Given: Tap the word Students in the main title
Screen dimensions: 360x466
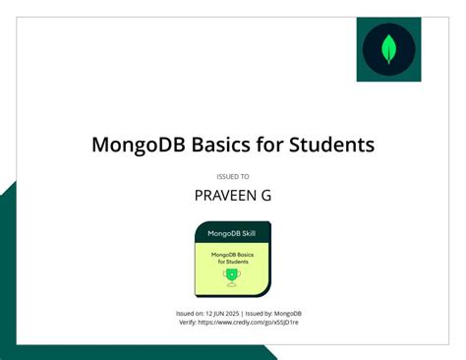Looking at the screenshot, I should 331,146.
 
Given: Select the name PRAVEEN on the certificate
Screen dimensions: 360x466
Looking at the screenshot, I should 225,196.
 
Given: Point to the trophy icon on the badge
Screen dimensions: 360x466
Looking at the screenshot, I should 232,277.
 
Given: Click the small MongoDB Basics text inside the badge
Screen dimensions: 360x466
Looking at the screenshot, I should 232,255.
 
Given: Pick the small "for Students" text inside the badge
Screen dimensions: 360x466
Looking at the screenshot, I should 232,262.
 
